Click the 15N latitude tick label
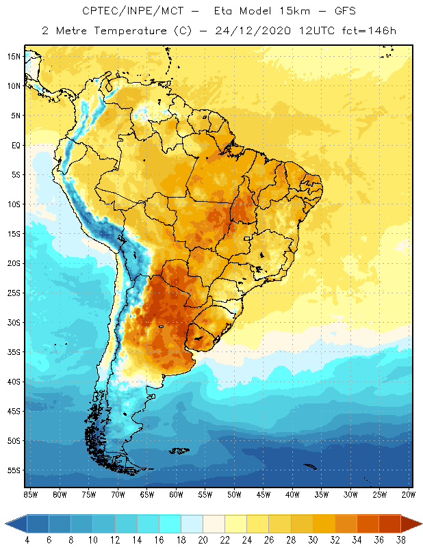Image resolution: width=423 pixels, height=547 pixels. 13,56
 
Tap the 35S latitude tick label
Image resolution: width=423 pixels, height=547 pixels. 13,352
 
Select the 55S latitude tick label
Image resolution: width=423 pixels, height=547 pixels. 13,470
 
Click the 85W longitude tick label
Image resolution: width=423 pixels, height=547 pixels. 30,494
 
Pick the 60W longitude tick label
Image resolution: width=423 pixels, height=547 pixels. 176,494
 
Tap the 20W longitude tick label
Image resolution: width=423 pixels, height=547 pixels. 409,494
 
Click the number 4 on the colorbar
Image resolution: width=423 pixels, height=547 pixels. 27,539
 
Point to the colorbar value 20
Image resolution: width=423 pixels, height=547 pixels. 203,539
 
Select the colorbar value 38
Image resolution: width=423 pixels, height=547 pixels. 400,539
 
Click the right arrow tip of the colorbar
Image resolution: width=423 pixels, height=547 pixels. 421,523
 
